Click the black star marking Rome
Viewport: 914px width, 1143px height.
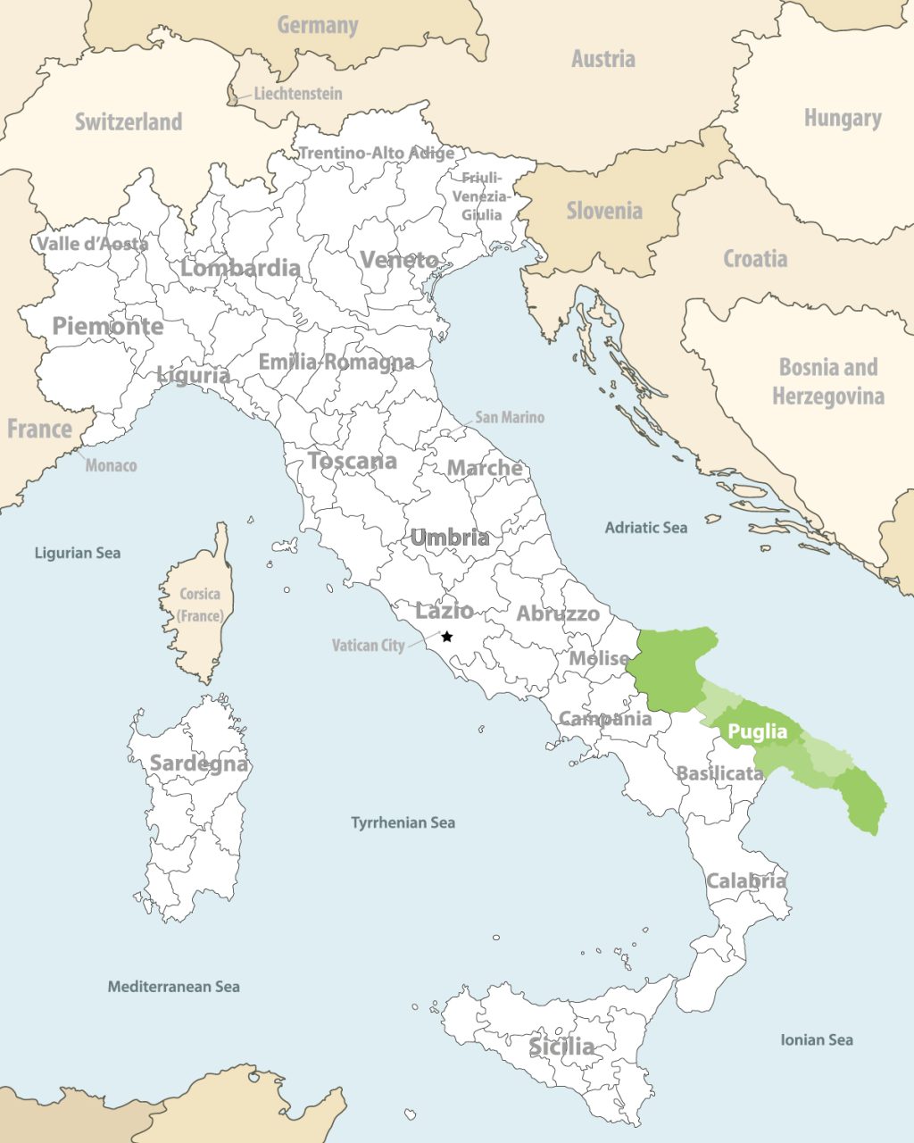point(447,637)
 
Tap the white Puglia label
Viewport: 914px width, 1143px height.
point(758,732)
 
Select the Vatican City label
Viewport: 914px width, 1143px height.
point(368,645)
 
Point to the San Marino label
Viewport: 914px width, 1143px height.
point(509,417)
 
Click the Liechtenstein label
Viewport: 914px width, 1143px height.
point(297,93)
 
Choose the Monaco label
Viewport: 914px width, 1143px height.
point(111,465)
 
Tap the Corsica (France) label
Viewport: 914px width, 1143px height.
point(200,605)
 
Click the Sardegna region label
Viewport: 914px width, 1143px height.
point(199,763)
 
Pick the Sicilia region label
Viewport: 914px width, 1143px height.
point(561,1046)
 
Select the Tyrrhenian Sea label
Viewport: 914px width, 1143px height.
point(403,822)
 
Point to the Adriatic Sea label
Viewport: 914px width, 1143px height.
point(646,528)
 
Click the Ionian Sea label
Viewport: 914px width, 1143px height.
point(816,1039)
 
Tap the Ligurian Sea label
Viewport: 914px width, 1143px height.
point(77,553)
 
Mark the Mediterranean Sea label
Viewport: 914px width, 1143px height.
point(173,987)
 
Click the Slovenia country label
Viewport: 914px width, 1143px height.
point(604,211)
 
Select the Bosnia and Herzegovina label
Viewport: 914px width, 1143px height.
point(828,381)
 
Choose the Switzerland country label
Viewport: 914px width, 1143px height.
point(129,121)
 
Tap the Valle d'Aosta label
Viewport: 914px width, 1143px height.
point(92,243)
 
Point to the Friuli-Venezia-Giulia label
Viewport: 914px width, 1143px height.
point(482,196)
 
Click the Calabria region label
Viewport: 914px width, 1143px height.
point(746,881)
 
